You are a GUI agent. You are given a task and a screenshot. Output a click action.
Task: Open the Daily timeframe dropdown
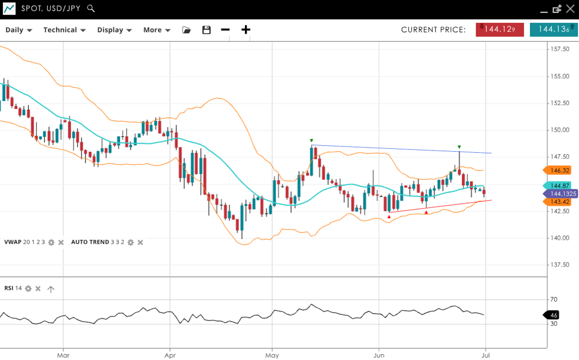(x=18, y=30)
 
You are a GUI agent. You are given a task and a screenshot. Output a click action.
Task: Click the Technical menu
(x=64, y=30)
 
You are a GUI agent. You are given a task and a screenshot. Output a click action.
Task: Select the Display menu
(x=115, y=30)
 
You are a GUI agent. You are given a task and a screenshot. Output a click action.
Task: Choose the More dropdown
(x=156, y=30)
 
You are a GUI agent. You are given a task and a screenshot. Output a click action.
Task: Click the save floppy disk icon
(x=206, y=30)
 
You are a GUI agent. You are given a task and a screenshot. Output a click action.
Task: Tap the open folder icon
(x=187, y=30)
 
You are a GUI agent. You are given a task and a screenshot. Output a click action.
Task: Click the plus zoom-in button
(x=246, y=30)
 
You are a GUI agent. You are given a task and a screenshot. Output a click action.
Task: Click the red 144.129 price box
(x=499, y=30)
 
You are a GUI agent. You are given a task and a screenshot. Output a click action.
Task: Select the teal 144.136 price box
(x=553, y=30)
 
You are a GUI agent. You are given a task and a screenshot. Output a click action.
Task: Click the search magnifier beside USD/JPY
(x=90, y=8)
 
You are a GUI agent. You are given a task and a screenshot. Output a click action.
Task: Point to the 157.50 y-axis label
(x=559, y=49)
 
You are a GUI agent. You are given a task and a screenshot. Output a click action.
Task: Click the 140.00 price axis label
(x=559, y=238)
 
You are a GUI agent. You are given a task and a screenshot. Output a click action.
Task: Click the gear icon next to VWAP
(x=51, y=243)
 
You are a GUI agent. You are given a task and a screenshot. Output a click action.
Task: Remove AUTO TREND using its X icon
(x=140, y=243)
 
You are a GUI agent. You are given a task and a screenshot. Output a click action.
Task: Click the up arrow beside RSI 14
(x=51, y=289)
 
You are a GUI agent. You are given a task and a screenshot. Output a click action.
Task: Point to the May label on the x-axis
(x=272, y=355)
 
